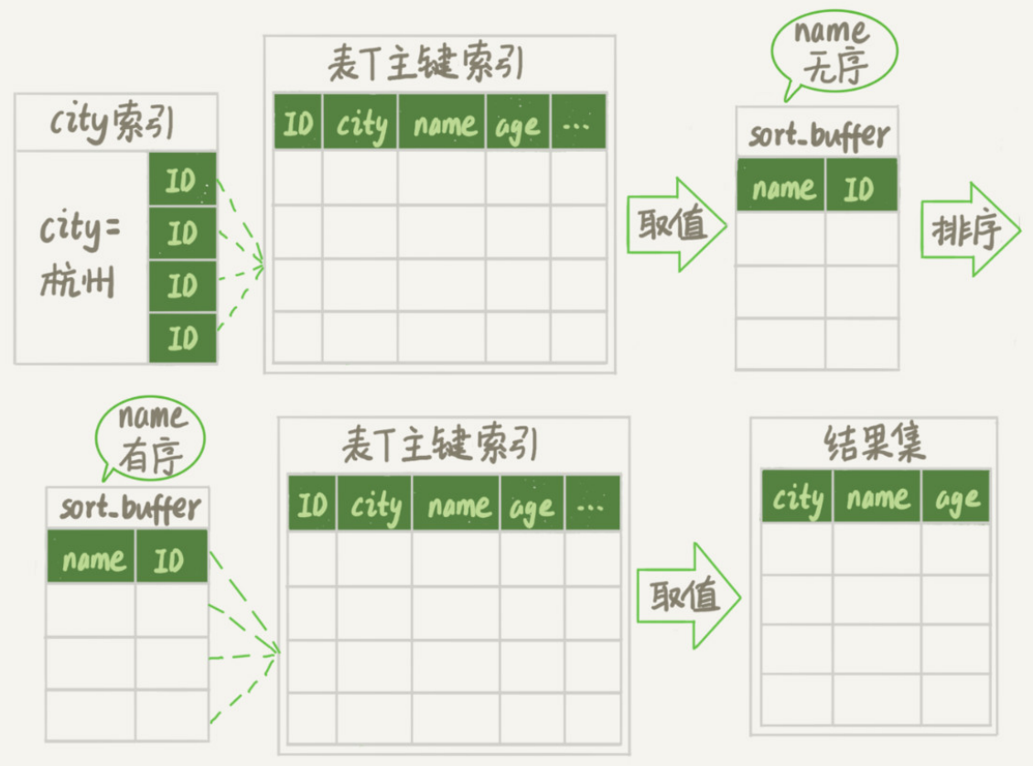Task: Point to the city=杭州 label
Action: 80,256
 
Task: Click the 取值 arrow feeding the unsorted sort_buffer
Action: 675,225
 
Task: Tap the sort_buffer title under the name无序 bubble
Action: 817,135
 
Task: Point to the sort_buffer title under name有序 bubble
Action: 128,507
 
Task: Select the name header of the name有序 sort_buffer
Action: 91,557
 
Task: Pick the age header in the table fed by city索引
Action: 518,124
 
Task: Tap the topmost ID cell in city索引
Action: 182,180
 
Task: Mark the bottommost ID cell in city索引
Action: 182,339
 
